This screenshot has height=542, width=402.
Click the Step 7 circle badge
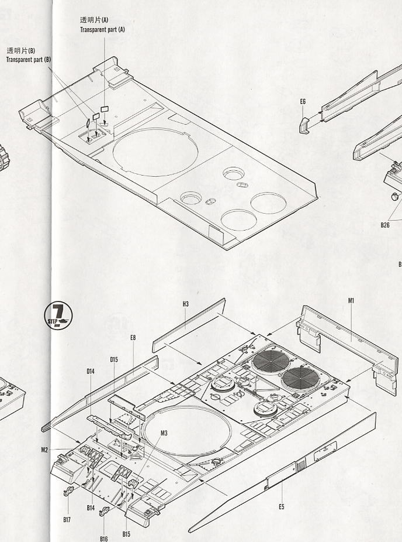pyautogui.click(x=58, y=315)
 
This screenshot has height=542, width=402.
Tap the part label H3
pyautogui.click(x=186, y=304)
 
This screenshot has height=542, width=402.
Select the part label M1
pyautogui.click(x=351, y=300)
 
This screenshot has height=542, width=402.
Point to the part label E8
pyautogui.click(x=133, y=337)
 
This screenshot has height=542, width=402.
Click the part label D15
pyautogui.click(x=114, y=359)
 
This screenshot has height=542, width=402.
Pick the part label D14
pyautogui.click(x=91, y=371)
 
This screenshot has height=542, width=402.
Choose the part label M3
pyautogui.click(x=164, y=433)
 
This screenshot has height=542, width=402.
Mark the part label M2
pyautogui.click(x=44, y=450)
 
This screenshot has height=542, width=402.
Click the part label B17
pyautogui.click(x=67, y=519)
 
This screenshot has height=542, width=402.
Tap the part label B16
pyautogui.click(x=104, y=538)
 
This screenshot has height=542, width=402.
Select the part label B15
pyautogui.click(x=126, y=534)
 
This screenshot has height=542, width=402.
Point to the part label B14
pyautogui.click(x=91, y=508)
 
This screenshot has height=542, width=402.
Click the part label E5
pyautogui.click(x=282, y=506)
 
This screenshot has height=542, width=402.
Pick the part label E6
pyautogui.click(x=303, y=101)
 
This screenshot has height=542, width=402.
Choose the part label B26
pyautogui.click(x=385, y=225)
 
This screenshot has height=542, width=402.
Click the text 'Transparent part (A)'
pyautogui.click(x=102, y=30)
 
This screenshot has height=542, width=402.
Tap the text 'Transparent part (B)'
pyautogui.click(x=28, y=60)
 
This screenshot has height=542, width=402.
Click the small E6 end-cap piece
pyautogui.click(x=304, y=125)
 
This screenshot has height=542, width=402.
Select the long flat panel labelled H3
pyautogui.click(x=189, y=325)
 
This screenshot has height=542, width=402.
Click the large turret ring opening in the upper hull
pyautogui.click(x=155, y=129)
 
